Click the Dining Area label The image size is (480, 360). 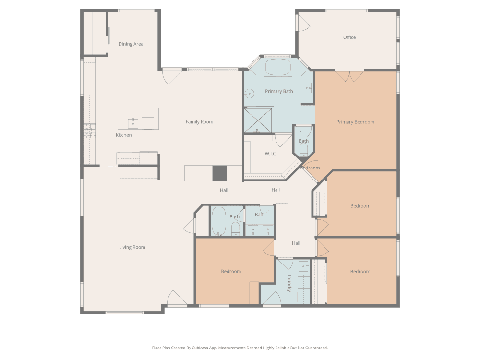coord(131,44)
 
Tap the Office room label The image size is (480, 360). coord(349,37)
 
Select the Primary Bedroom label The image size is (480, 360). coord(355,122)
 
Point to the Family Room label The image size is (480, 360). coord(199,122)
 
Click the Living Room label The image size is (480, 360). coord(132,247)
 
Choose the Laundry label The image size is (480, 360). coord(289,283)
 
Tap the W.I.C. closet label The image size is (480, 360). coord(271,154)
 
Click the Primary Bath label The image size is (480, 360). coord(279,91)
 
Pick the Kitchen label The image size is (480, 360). coord(124,135)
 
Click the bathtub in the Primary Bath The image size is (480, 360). coord(278,67)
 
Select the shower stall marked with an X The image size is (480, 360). coord(258,120)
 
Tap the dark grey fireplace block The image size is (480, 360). coord(220,174)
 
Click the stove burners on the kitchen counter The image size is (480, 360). coord(90,131)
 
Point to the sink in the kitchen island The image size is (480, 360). coord(133,124)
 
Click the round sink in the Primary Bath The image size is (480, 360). coord(249,94)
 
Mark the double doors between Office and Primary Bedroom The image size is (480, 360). coord(349,76)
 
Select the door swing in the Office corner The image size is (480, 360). coord(304,23)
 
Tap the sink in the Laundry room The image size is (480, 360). coord(304,266)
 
